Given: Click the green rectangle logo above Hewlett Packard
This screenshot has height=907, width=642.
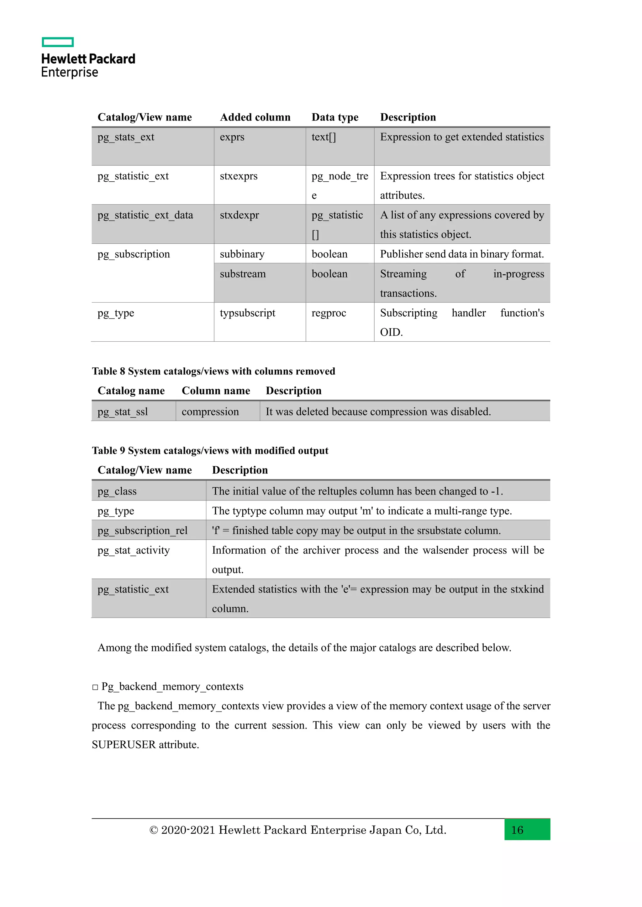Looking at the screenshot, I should point(58,42).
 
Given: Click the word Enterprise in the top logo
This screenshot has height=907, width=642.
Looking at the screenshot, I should point(70,73).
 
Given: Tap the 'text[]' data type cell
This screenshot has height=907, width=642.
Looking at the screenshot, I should point(324,137).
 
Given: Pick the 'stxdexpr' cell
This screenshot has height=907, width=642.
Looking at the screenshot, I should point(239,215).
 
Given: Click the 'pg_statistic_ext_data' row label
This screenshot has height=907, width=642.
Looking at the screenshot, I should point(145,215).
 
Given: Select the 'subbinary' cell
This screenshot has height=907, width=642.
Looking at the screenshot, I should point(242,254).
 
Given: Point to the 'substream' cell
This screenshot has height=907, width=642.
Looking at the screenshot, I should point(243,274).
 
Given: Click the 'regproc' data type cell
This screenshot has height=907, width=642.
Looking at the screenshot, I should point(329,313).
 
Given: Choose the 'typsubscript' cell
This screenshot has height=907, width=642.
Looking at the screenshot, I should point(247,313).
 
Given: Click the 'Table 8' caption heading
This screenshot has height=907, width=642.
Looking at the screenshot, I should point(213,371).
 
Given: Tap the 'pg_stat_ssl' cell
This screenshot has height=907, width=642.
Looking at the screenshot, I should point(123,412).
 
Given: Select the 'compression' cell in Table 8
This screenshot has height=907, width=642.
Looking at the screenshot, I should point(210,412).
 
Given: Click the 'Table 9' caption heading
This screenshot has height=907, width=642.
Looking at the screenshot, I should point(210,451).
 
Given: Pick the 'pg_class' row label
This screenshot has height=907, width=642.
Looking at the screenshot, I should point(117,491).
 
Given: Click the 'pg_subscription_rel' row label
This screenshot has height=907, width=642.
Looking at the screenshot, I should point(142,531).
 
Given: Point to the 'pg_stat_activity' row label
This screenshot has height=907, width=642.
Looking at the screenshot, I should point(134,550).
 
